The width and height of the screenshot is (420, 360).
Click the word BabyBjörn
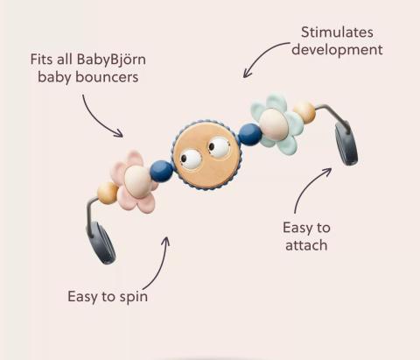pos(111,60)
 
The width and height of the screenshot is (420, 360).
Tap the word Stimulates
pos(337,32)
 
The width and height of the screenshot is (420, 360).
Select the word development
pos(337,50)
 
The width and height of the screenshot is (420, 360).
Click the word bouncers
pos(107,77)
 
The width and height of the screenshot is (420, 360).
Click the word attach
pos(306,245)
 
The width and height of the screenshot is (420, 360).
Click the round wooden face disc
pos(207,155)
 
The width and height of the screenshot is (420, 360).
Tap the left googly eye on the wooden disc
pos(191,159)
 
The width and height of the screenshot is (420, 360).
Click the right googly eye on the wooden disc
pos(219,147)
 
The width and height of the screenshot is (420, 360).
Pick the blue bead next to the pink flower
pos(162,171)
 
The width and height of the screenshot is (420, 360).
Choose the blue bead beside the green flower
pos(250,134)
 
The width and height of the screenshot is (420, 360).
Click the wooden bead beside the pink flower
pos(108,193)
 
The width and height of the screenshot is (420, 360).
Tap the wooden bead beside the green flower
pos(304,112)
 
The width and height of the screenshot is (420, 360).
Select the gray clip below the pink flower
pos(101,243)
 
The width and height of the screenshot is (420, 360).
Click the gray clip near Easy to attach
pos(346,144)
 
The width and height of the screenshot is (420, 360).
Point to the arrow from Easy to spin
pos(160,265)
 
